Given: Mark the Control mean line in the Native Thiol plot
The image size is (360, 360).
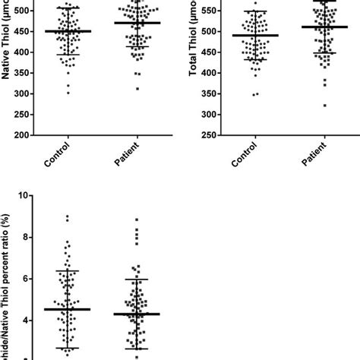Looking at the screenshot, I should pos(68,31).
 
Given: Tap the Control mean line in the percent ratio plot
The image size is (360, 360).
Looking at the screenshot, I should pos(68,309).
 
